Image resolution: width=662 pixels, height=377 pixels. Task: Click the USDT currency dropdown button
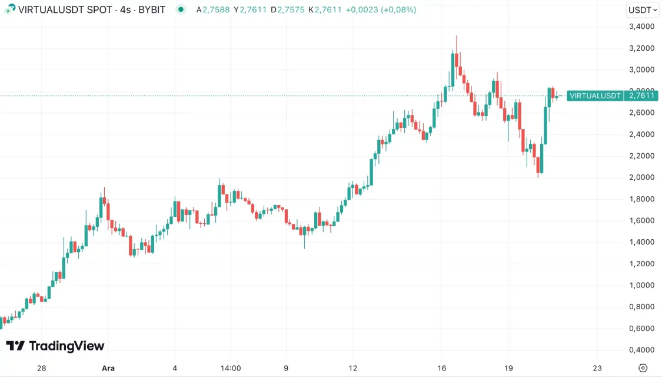click(642, 9)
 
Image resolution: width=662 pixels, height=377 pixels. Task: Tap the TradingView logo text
click(66, 346)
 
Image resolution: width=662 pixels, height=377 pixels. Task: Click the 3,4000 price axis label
click(641, 27)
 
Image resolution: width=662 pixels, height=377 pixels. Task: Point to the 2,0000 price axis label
click(641, 177)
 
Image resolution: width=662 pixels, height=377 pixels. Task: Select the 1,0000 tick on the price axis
click(641, 285)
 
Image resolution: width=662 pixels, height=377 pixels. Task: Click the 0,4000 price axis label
click(641, 350)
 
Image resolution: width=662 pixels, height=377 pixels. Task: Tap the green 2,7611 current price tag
click(642, 95)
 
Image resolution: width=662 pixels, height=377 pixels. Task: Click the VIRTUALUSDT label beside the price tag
click(595, 95)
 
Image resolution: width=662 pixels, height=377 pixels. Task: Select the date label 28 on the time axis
click(41, 368)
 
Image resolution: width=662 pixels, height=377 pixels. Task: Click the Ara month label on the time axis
click(108, 368)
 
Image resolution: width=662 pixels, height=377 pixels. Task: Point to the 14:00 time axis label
click(231, 368)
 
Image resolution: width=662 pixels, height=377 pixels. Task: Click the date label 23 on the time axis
click(598, 368)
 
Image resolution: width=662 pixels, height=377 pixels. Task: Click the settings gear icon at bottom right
click(643, 368)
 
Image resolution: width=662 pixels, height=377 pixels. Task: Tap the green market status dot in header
click(181, 9)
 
